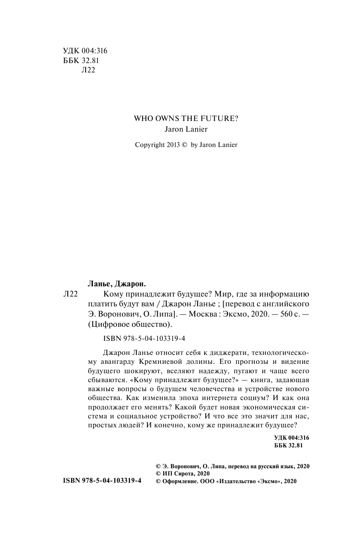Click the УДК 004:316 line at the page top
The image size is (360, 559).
point(79,51)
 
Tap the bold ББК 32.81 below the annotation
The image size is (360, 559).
point(288,446)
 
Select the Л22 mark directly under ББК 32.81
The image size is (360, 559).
point(87,70)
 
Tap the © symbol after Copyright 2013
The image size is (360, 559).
point(184,145)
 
